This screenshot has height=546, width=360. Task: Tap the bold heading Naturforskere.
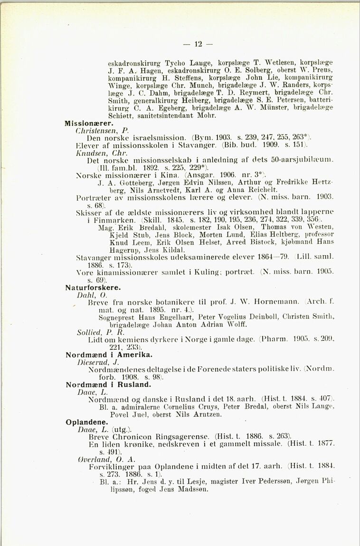93,287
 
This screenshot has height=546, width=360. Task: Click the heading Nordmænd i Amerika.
109,354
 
